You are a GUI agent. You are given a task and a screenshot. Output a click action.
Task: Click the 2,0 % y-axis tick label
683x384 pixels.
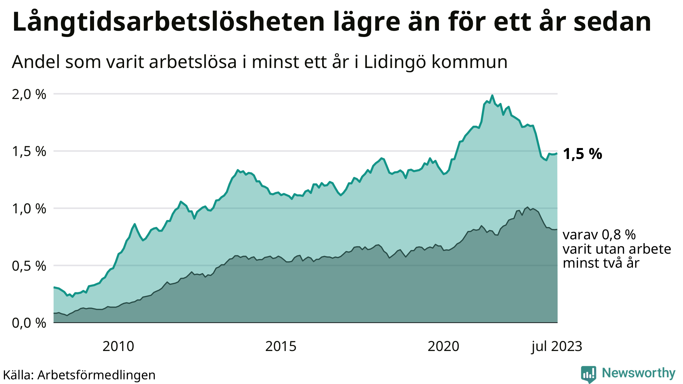click(29, 95)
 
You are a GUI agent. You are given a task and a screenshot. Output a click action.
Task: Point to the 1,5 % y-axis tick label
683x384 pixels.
click(29, 152)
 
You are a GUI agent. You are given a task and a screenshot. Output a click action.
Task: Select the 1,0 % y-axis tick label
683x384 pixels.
click(29, 209)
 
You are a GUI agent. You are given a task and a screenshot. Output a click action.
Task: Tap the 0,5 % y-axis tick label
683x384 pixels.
click(29, 266)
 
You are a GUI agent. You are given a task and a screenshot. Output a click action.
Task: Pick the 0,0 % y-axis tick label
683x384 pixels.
click(29, 323)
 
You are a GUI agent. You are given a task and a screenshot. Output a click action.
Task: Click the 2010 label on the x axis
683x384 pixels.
click(118, 347)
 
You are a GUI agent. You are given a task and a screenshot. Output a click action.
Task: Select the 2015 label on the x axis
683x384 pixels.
click(280, 347)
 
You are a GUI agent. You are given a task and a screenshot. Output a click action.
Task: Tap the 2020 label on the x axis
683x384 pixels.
click(443, 347)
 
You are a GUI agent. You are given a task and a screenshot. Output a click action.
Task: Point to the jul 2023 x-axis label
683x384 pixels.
click(557, 347)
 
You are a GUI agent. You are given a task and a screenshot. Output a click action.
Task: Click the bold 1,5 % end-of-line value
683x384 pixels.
click(582, 154)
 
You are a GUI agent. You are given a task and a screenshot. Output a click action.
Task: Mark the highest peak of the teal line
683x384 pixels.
click(492, 96)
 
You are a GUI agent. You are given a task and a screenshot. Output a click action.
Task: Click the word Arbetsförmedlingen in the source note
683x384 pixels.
click(96, 375)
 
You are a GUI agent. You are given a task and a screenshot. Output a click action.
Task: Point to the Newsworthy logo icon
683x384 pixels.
click(588, 374)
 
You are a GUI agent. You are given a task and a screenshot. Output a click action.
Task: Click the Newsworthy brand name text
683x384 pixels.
click(638, 373)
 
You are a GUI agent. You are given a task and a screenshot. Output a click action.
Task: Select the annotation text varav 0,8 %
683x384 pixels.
click(599, 235)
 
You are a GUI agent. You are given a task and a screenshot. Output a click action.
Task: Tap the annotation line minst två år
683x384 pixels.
click(601, 263)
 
